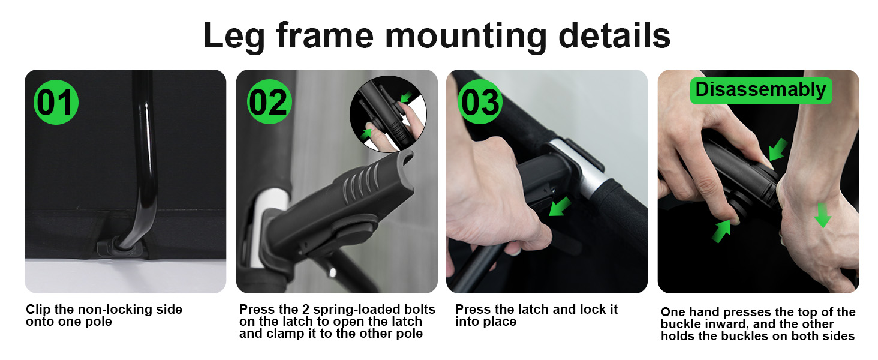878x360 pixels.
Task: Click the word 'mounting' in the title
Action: coord(466,36)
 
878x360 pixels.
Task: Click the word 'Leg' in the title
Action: coord(234,36)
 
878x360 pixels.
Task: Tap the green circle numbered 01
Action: coord(56,103)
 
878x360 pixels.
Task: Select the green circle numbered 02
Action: coord(270,102)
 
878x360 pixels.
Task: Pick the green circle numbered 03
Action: coord(480,102)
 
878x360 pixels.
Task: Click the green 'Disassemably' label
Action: coord(761,91)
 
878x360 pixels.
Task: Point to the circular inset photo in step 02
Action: coord(388,114)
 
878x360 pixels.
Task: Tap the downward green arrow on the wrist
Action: coord(822,215)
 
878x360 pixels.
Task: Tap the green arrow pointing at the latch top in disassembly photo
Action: coord(778,149)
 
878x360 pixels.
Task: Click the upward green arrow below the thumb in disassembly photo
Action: coord(721,231)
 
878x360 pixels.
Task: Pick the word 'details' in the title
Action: coord(614,36)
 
